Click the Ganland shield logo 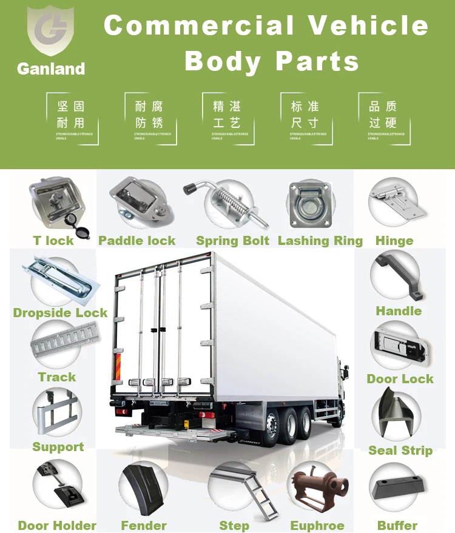click(50, 31)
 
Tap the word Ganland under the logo click(51, 69)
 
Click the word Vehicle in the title click(368, 25)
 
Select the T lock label click(53, 241)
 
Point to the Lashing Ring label click(320, 241)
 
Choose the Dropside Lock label click(60, 313)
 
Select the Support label click(58, 447)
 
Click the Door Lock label click(400, 379)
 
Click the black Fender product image click(144, 489)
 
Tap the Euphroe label click(317, 526)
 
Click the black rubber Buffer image click(397, 488)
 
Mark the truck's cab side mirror click(345, 369)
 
